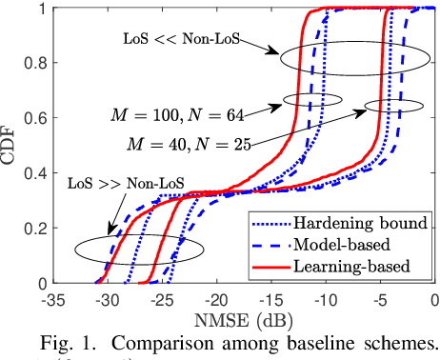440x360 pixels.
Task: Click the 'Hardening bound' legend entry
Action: coord(347,224)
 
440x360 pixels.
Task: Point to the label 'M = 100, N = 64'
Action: coord(187,115)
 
